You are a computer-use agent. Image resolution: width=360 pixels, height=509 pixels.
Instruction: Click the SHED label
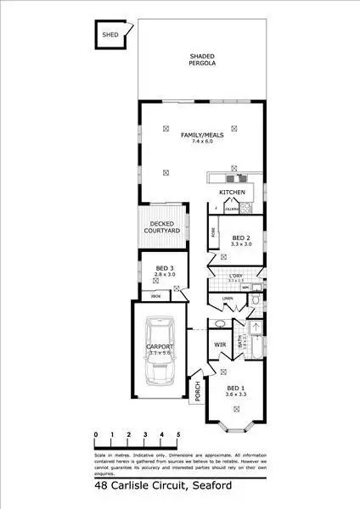(110, 35)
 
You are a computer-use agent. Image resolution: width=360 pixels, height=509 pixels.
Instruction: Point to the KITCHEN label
(232, 193)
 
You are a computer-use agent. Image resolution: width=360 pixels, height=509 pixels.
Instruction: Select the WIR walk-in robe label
(219, 345)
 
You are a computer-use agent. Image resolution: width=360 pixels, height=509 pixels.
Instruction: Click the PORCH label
(197, 391)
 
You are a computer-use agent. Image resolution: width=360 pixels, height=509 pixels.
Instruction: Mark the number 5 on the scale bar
(178, 434)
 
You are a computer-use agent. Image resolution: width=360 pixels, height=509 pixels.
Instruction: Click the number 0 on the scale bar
(97, 434)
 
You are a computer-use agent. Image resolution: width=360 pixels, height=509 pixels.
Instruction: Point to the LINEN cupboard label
(227, 299)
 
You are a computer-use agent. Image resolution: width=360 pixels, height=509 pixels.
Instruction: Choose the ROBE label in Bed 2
(212, 228)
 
